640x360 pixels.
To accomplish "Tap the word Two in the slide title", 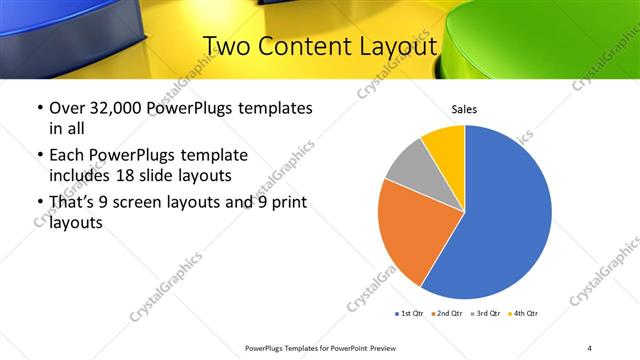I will [227, 47].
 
